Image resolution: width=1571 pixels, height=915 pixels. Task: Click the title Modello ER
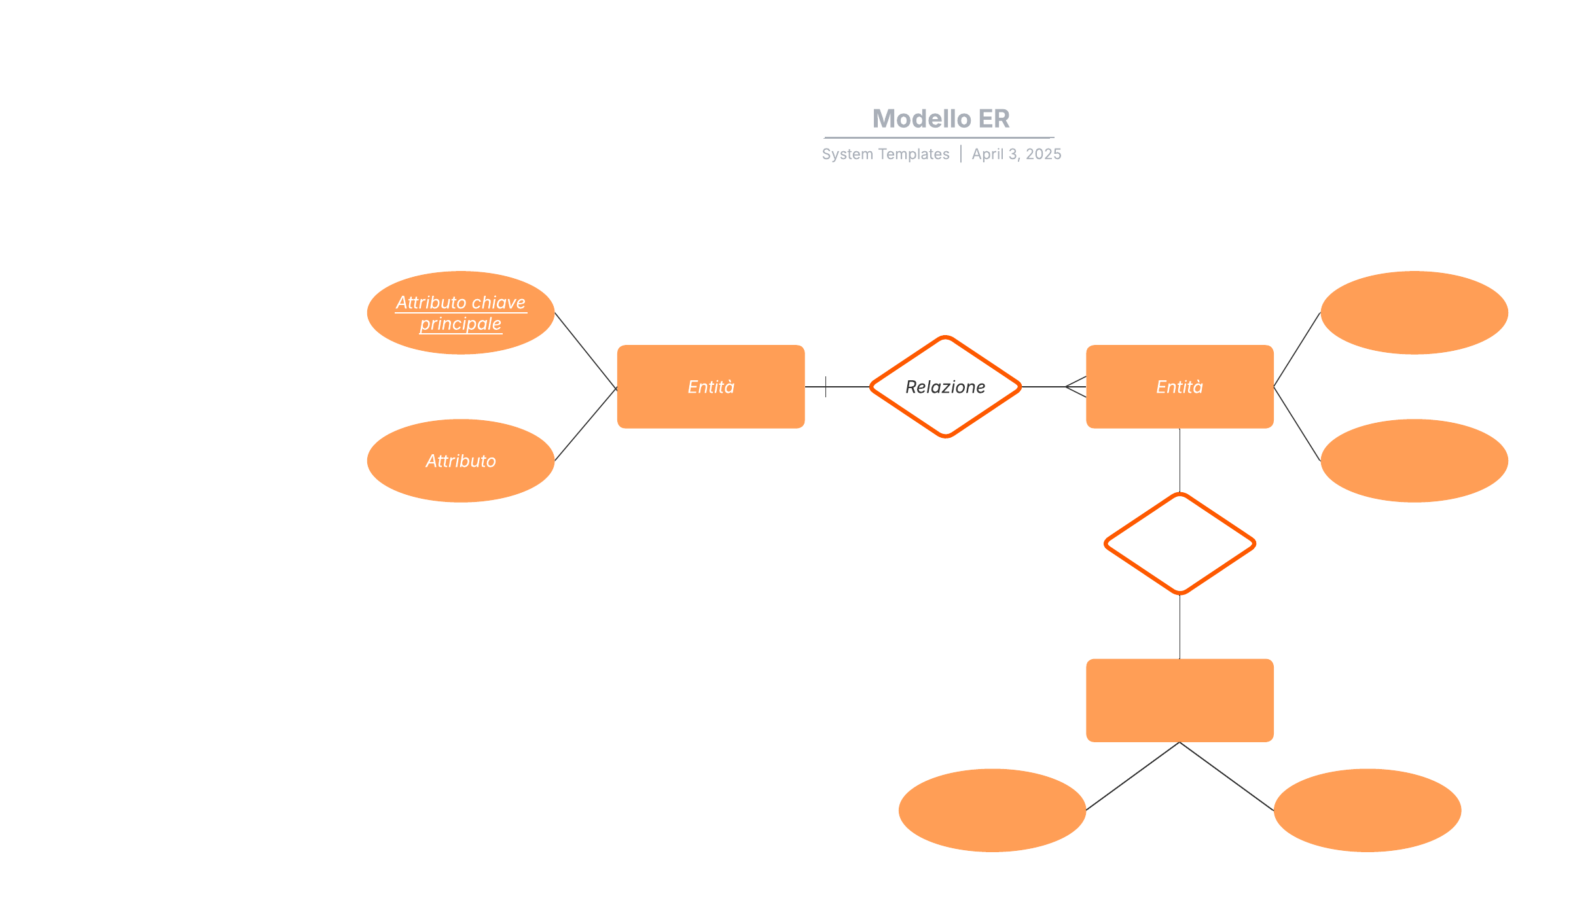point(941,119)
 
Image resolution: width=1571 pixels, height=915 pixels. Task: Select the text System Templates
point(885,154)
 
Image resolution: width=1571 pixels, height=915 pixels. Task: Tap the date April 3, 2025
point(1016,154)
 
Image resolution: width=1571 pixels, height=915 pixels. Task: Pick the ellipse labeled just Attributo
point(461,461)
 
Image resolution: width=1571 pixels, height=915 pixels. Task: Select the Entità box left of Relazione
point(711,387)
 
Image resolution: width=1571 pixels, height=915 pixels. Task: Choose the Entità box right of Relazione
point(1180,387)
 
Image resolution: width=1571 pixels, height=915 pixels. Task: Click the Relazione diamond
point(945,387)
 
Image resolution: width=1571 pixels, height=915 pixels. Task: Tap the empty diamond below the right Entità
point(1180,544)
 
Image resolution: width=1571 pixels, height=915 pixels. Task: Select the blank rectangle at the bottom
point(1180,700)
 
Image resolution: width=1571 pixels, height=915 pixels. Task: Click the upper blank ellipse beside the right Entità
point(1414,313)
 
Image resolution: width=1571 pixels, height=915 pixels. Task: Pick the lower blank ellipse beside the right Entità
point(1414,461)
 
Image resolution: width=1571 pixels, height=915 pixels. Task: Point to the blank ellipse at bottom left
point(992,810)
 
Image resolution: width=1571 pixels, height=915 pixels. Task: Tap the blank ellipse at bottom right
point(1367,810)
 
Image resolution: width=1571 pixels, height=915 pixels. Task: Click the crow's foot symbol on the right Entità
point(1076,387)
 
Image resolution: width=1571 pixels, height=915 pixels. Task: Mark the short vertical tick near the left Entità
point(825,387)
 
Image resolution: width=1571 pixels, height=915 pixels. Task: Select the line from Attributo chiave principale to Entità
point(586,350)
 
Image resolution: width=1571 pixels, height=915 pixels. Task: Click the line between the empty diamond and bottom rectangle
point(1180,626)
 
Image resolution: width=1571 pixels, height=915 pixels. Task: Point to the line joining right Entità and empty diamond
point(1180,460)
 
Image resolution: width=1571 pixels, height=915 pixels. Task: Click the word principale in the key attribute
point(461,325)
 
